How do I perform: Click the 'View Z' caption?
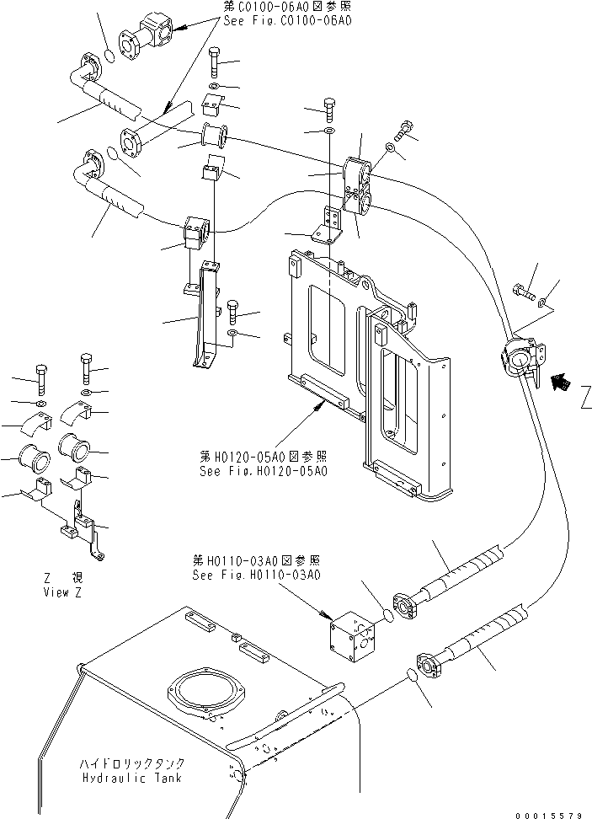click(x=63, y=591)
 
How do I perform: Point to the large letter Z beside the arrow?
click(x=584, y=397)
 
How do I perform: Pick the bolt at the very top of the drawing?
click(x=214, y=61)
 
